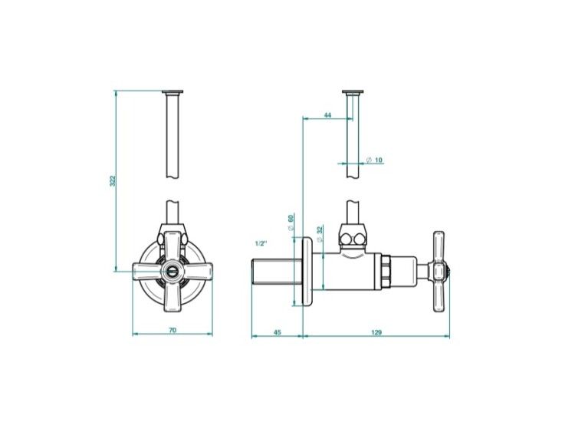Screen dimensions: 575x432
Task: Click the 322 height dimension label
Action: pos(113,180)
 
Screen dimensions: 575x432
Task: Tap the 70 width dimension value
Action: pos(172,330)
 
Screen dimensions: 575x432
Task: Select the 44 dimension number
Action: pos(328,115)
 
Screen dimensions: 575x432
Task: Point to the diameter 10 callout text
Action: pos(374,160)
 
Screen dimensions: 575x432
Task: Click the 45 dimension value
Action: pos(278,332)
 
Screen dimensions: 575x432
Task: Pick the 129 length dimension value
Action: pos(376,332)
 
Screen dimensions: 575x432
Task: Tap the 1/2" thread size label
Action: pos(261,243)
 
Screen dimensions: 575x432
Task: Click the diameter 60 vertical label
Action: pos(291,223)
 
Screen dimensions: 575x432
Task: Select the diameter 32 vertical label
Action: pos(319,234)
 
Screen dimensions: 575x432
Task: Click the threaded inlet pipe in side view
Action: pos(273,271)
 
